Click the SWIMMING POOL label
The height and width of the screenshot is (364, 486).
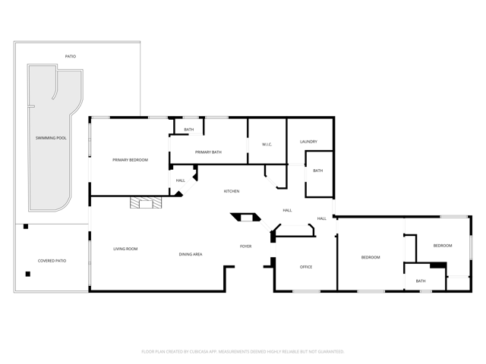coord(51,138)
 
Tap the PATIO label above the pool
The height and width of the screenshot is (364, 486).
coord(71,56)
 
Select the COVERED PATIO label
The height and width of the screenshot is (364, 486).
coord(52,261)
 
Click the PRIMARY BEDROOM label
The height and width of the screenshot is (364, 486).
coord(130,160)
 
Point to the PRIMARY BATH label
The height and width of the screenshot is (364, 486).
coord(208,152)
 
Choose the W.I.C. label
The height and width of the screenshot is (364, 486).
coord(267,145)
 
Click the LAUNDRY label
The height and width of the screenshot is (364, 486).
coord(309,142)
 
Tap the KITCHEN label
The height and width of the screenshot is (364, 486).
coord(232,191)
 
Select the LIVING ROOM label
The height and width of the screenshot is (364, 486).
coord(125,249)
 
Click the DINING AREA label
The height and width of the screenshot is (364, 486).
coord(191,255)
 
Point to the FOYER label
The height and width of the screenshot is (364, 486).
coord(246,246)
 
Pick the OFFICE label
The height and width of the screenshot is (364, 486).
coord(306,267)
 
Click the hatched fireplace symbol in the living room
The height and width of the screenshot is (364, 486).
coord(146,202)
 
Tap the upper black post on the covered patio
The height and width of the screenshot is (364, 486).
coord(26,227)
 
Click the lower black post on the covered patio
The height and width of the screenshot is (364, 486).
coord(28,274)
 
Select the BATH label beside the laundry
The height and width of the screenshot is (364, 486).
coord(318,171)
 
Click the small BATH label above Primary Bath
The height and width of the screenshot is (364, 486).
coord(189,130)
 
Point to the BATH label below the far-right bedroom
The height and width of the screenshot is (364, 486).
coord(421,281)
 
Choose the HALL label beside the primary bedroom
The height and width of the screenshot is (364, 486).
coord(181,180)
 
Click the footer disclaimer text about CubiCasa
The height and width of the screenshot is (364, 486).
coord(243,352)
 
